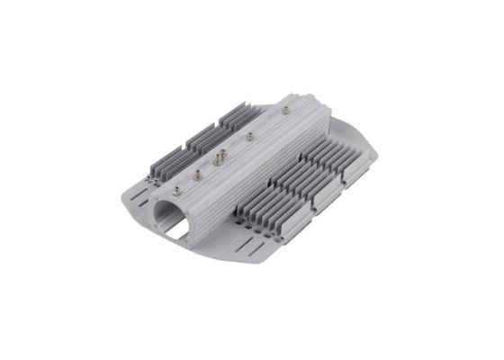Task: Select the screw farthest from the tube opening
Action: tap(285, 110)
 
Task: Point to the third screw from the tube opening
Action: tap(218, 159)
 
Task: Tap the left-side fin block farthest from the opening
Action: tap(240, 115)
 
